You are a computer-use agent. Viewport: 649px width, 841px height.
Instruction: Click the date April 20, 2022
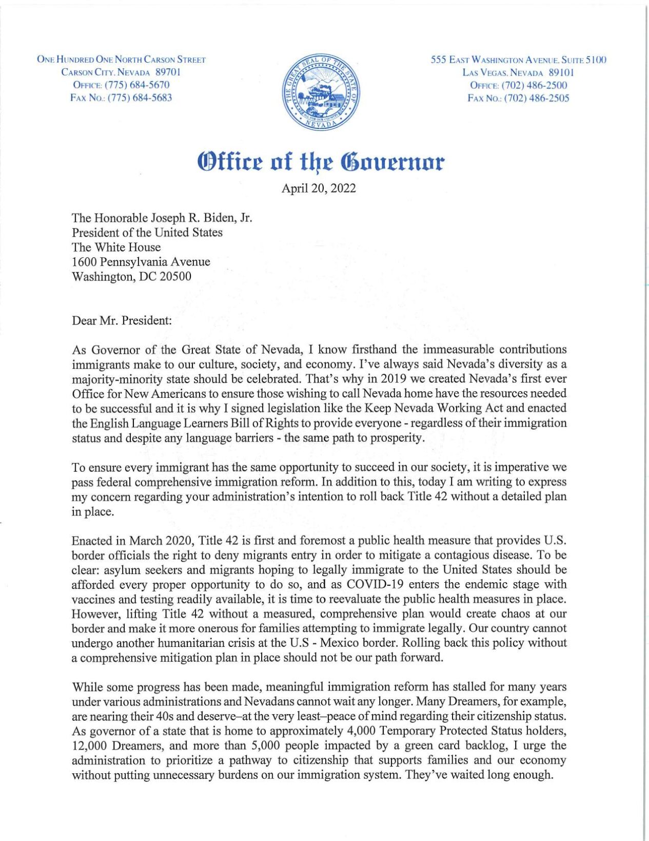(x=318, y=188)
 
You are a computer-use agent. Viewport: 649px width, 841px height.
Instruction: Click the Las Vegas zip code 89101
(x=561, y=73)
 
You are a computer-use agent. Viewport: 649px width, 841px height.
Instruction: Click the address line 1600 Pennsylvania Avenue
(x=141, y=262)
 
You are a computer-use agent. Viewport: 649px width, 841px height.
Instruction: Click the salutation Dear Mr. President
(x=122, y=321)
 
